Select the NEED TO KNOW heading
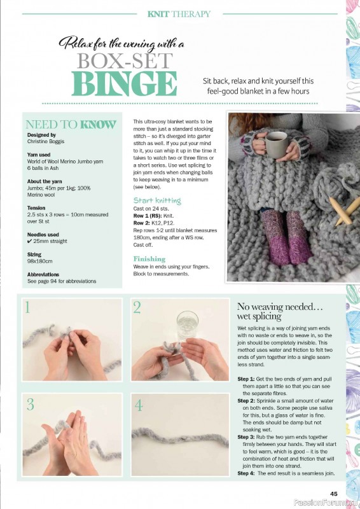[x=71, y=125]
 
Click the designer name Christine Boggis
[x=48, y=142]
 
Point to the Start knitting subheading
[x=156, y=200]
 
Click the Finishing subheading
[x=149, y=259]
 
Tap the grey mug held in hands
[x=277, y=145]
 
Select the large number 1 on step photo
[x=27, y=309]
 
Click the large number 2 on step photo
[x=137, y=309]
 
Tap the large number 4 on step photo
[x=139, y=405]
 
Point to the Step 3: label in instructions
[x=246, y=437]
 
